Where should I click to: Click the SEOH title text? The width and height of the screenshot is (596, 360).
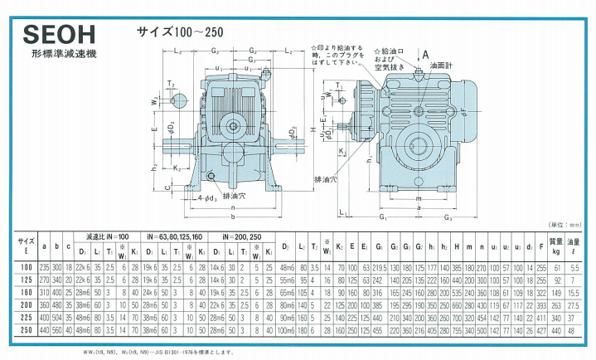tap(59, 36)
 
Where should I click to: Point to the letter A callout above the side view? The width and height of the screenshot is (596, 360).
tap(425, 53)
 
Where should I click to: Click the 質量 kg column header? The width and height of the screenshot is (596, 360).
tap(557, 245)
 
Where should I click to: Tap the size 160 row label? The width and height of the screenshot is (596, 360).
tap(26, 293)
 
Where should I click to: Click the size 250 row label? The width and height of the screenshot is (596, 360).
tap(26, 329)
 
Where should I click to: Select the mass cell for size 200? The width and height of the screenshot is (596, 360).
tap(557, 305)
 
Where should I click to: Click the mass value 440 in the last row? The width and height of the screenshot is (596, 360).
tap(557, 329)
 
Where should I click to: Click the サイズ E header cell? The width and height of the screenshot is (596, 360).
tap(26, 245)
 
